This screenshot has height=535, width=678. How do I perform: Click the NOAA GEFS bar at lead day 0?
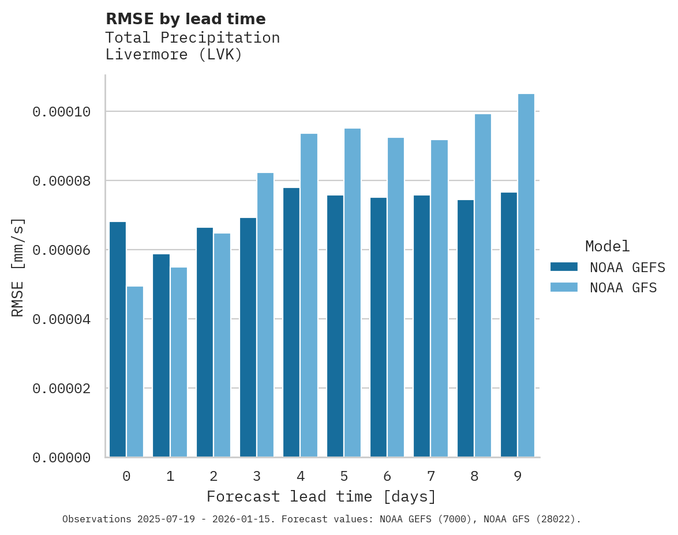tap(118, 340)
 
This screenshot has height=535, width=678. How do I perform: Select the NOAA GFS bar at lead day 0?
tap(135, 372)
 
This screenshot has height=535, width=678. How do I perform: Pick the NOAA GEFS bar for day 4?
tap(291, 323)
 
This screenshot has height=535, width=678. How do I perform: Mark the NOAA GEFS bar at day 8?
tap(466, 329)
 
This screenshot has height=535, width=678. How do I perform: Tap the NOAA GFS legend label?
tap(623, 287)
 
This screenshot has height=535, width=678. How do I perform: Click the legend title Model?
tap(607, 246)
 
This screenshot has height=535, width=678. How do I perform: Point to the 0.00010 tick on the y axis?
tap(62, 111)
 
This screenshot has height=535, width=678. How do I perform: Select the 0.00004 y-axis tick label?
tap(62, 319)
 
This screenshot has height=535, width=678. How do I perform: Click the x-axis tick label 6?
tap(387, 477)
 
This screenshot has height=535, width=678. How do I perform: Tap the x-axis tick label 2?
tap(213, 477)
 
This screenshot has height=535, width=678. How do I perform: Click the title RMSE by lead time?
tap(186, 19)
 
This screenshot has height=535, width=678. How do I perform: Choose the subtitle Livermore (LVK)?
tap(174, 55)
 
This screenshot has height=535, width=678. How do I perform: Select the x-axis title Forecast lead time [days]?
tap(321, 496)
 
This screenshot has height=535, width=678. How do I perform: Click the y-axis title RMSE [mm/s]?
tap(18, 267)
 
